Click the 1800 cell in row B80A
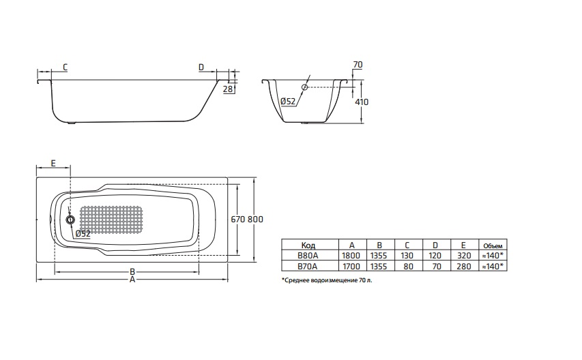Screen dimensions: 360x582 351,255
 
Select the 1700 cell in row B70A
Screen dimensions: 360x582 351,266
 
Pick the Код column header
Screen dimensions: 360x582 308,244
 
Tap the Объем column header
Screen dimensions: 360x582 492,244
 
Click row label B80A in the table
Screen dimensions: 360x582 308,255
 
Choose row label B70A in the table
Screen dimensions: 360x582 308,266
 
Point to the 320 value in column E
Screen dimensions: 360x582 463,255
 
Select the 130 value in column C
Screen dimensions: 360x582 407,255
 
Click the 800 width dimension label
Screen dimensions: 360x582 255,220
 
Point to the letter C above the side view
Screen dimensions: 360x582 64,67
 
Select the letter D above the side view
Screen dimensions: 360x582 201,67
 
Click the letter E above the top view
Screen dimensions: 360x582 53,164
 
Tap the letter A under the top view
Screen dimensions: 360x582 132,280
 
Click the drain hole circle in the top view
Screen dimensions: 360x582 70,220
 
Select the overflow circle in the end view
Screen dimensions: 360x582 304,87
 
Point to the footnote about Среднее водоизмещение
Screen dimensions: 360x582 327,280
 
